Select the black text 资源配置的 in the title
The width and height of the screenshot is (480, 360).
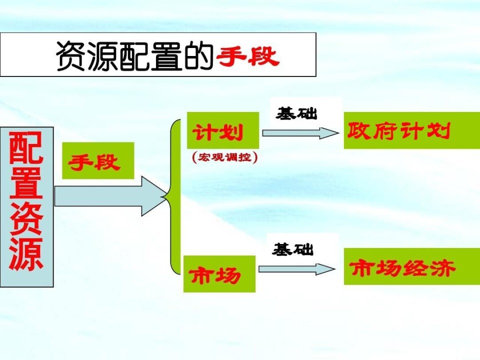[x=135, y=56]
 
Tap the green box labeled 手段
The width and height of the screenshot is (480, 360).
[x=98, y=160]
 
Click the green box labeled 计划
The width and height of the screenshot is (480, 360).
[x=223, y=130]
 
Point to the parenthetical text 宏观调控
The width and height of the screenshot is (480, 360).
[x=225, y=157]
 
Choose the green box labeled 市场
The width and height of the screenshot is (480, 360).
[x=219, y=273]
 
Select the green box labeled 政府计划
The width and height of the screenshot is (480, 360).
[x=411, y=130]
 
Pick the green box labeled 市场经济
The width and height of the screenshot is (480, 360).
[x=411, y=266]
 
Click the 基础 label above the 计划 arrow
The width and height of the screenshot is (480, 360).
[x=296, y=113]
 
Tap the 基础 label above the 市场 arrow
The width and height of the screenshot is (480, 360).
[x=292, y=249]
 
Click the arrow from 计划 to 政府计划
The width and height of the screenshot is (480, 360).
[x=300, y=133]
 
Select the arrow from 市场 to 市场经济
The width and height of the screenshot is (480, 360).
[x=297, y=269]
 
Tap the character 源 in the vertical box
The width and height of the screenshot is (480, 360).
[x=26, y=253]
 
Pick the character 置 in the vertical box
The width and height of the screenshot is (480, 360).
[x=26, y=183]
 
